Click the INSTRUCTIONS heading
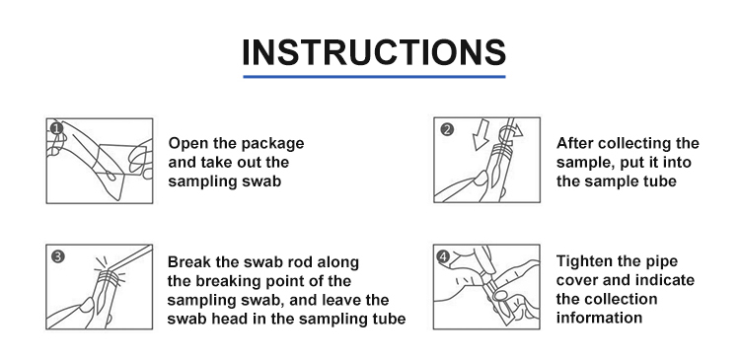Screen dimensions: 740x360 (374, 52)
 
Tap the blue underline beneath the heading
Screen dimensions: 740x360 (374, 76)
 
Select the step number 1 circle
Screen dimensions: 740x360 (56, 128)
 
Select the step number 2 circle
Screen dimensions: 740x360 (446, 129)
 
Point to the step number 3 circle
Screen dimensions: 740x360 (57, 256)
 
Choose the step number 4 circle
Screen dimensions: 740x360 (443, 256)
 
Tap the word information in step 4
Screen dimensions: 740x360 (599, 318)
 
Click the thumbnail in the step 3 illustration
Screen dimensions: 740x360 (87, 305)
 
